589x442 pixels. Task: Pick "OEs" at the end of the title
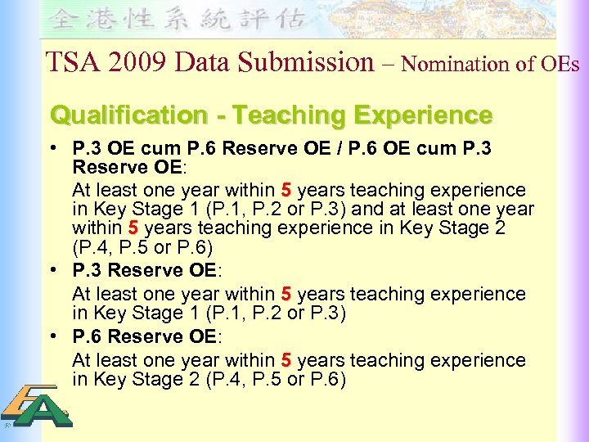560,62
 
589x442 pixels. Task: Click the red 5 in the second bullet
286,293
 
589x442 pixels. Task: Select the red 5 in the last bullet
286,360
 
